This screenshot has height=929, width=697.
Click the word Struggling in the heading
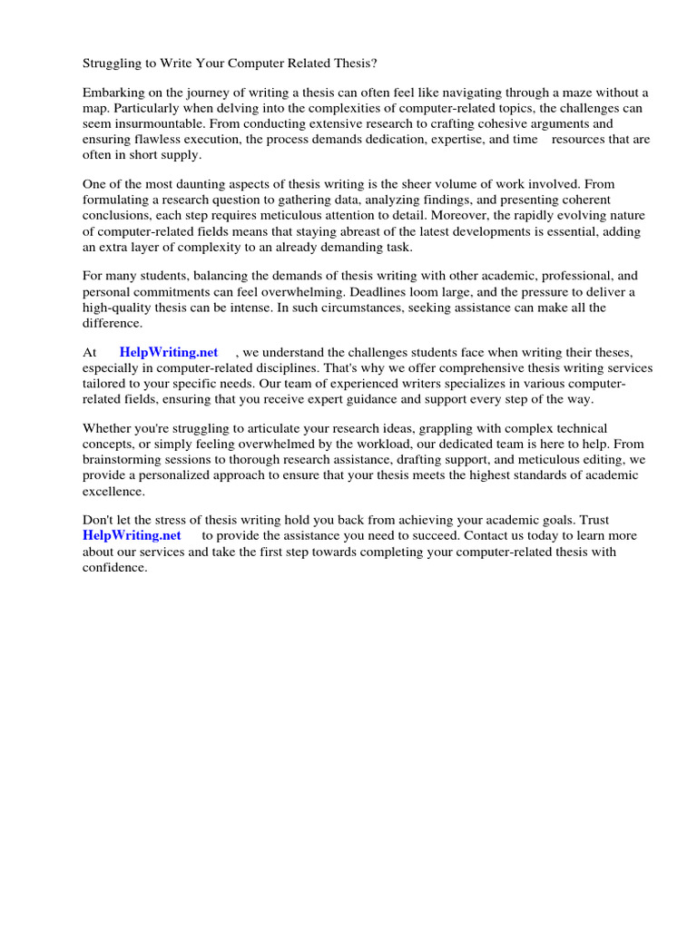pyautogui.click(x=113, y=64)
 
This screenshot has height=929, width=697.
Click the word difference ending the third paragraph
pyautogui.click(x=113, y=322)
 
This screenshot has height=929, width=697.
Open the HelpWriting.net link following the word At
pyautogui.click(x=169, y=352)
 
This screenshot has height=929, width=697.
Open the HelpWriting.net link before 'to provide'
pyautogui.click(x=132, y=535)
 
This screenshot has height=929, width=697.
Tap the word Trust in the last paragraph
pyautogui.click(x=591, y=520)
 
